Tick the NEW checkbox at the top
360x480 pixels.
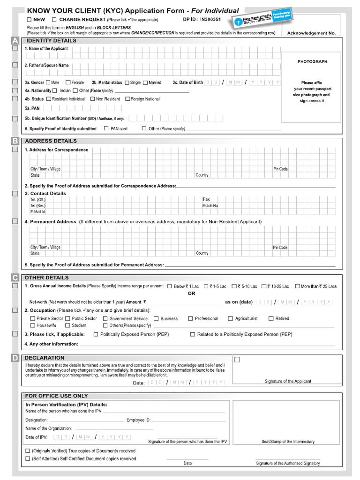point(29,20)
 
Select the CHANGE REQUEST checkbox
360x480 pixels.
point(54,20)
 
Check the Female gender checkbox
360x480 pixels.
point(68,82)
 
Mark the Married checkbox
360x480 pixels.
point(145,82)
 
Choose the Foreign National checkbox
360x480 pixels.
point(127,99)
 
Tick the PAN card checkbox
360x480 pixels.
point(106,128)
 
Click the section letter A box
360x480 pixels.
point(15,41)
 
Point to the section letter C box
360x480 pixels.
point(15,277)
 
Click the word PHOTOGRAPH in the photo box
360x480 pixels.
point(312,62)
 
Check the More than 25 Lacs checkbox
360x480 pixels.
point(297,286)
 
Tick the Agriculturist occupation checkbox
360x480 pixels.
point(230,319)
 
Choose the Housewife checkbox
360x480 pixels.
point(32,325)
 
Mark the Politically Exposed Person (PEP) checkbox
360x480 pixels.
point(96,334)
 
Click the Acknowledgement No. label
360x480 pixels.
point(311,33)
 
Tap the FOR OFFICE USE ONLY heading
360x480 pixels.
point(56,396)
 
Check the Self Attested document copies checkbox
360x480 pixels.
point(28,459)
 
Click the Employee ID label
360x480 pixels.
point(138,420)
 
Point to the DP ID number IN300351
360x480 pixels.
point(210,20)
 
